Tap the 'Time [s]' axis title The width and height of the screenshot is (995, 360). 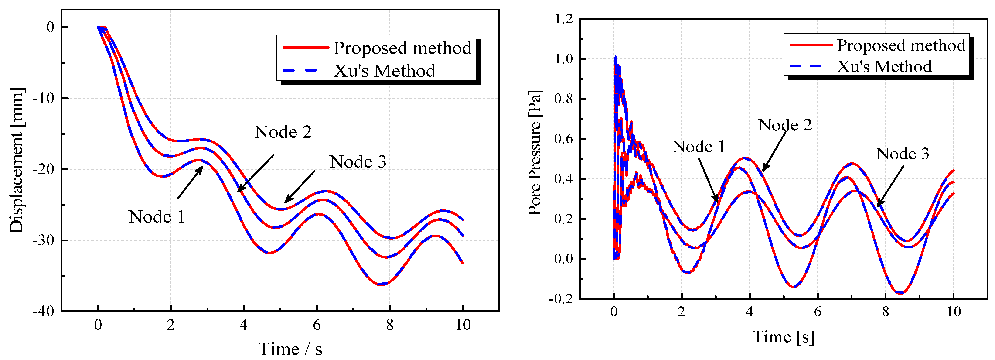coord(783,337)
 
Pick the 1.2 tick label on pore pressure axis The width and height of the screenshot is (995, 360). coord(564,19)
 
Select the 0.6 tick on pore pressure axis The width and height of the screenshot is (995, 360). coord(564,139)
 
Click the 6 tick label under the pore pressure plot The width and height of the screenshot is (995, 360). coord(817,311)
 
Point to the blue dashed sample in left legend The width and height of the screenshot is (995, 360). coord(300,71)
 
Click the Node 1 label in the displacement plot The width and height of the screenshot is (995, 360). coord(157,217)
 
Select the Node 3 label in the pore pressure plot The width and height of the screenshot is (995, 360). coord(902,154)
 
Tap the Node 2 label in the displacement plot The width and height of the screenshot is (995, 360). coord(283,132)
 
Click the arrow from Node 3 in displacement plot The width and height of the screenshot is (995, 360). coord(300,187)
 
